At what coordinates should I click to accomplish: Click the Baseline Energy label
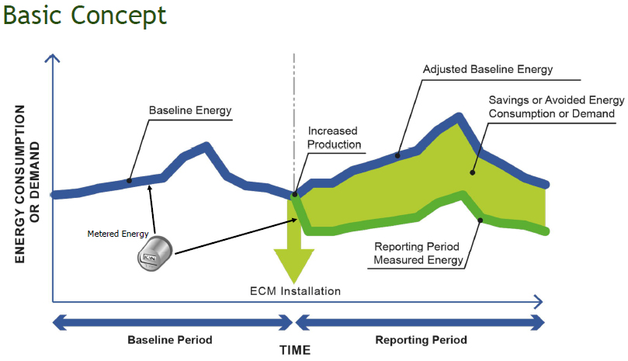click(190, 111)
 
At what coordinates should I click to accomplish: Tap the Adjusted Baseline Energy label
click(487, 69)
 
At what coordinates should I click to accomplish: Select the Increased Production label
click(334, 137)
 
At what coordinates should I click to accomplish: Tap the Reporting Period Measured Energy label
click(418, 253)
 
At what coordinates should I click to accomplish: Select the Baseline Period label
click(169, 340)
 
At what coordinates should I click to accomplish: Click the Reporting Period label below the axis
click(422, 340)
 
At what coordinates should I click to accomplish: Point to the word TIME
click(295, 350)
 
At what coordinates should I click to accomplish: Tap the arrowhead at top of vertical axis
click(51, 58)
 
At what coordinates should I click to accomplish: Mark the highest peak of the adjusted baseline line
click(460, 118)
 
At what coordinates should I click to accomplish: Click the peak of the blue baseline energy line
click(206, 145)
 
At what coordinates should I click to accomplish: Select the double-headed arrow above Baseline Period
click(171, 321)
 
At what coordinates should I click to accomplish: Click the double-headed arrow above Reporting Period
click(420, 321)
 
